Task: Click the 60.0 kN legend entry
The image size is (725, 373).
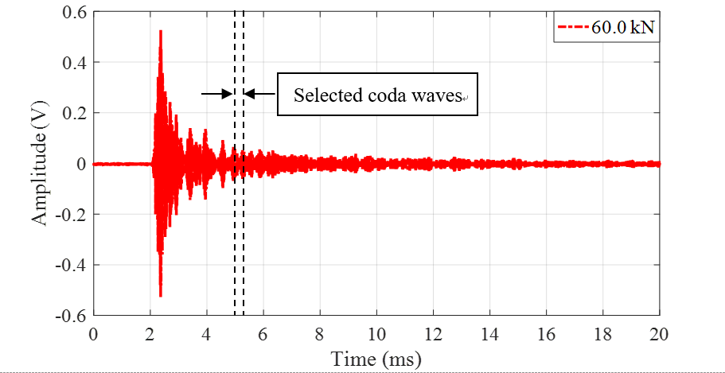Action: coord(607,28)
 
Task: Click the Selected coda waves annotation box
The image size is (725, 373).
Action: coord(377,95)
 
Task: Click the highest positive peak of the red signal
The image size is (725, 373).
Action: coord(161,32)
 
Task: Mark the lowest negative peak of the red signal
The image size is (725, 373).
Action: coord(161,296)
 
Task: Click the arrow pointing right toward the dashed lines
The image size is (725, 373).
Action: coord(216,94)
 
